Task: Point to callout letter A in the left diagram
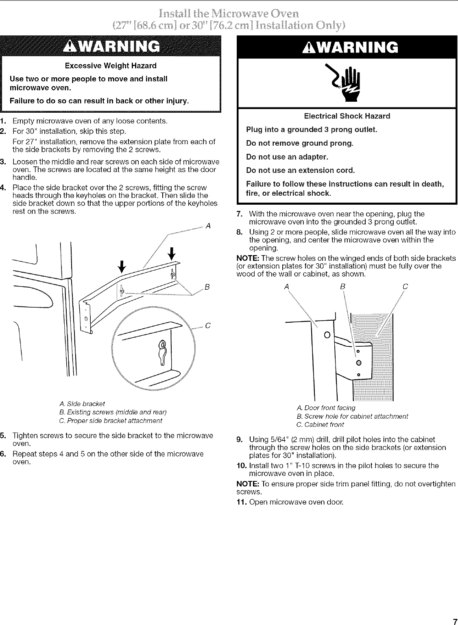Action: pyautogui.click(x=208, y=226)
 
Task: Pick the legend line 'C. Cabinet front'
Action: pyautogui.click(x=321, y=424)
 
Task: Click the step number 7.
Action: pyautogui.click(x=240, y=214)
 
